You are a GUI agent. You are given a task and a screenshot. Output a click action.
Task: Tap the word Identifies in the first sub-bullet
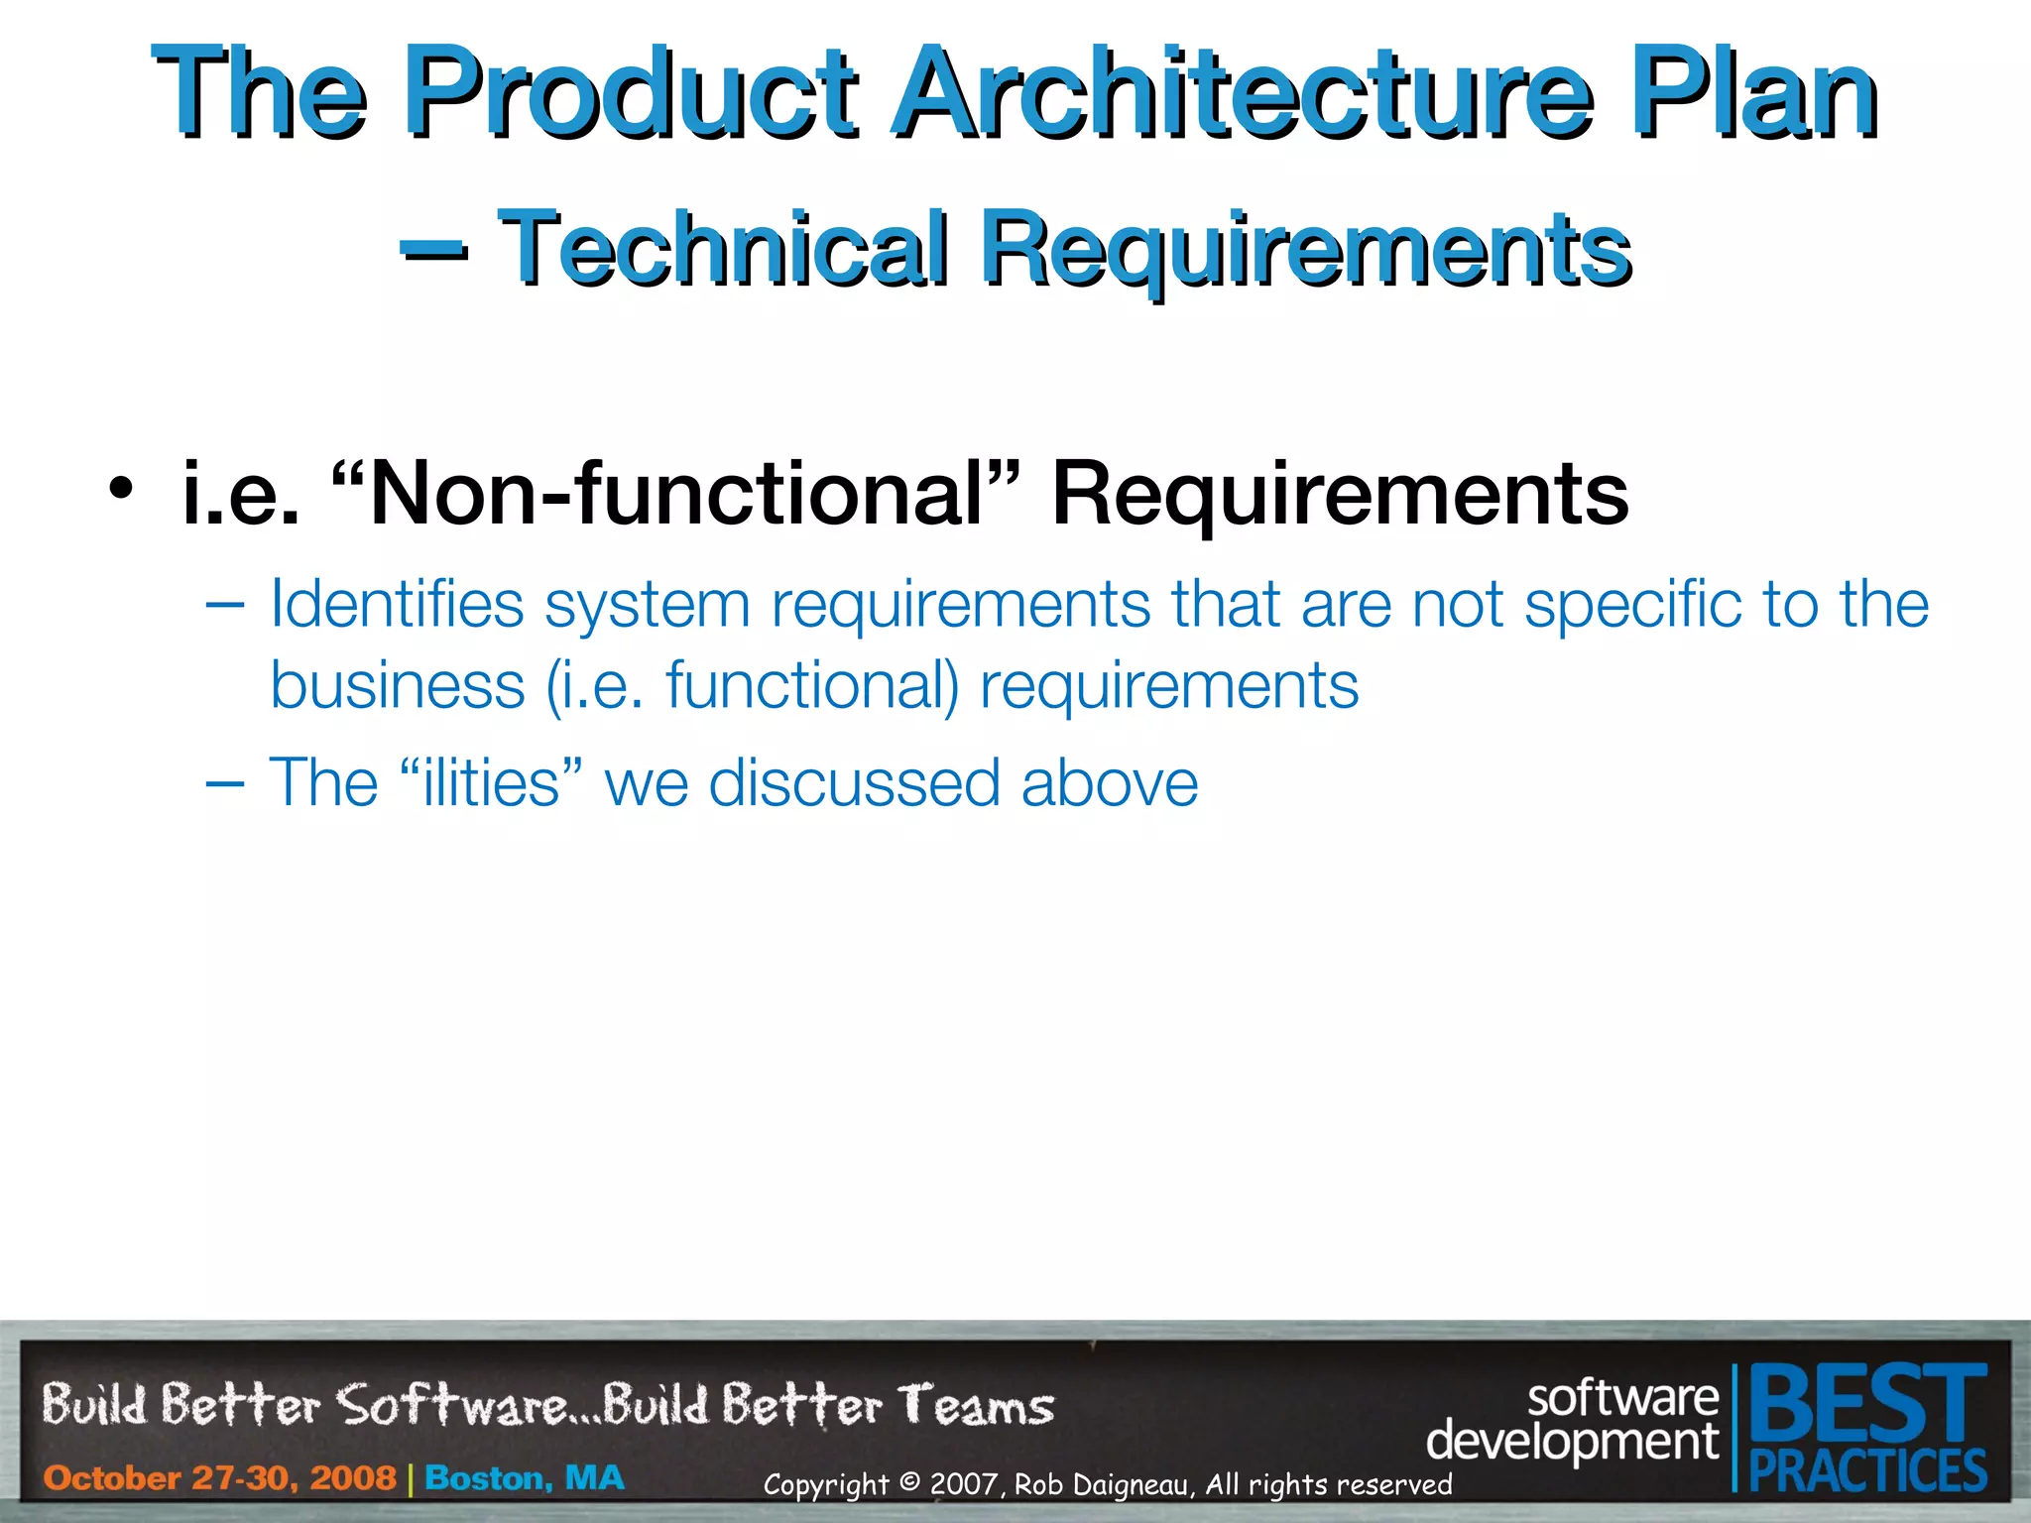click(x=397, y=604)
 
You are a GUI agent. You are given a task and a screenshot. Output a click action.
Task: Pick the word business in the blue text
click(x=398, y=685)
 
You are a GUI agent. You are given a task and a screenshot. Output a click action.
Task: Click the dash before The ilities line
click(x=225, y=782)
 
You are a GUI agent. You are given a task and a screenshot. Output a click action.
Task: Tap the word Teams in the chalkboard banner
click(x=976, y=1406)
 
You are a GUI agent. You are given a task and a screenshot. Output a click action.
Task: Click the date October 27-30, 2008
click(x=219, y=1477)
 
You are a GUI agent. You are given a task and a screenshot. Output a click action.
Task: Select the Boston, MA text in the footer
click(x=525, y=1477)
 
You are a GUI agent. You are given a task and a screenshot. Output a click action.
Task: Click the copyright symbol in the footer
click(x=908, y=1483)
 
